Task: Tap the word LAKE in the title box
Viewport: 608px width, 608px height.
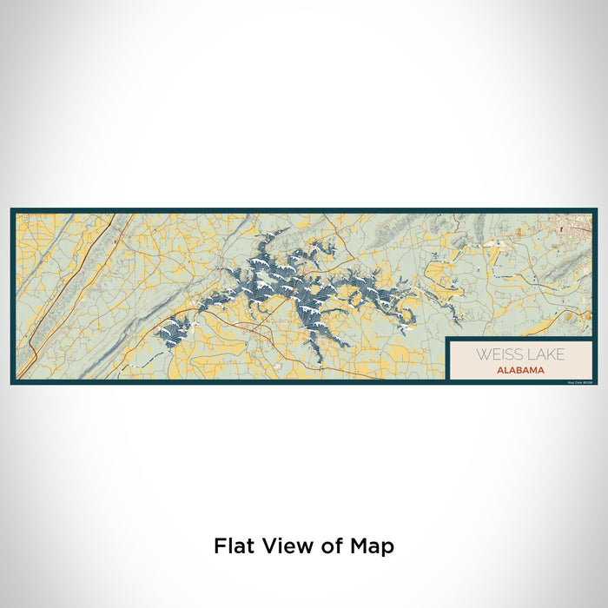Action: pyautogui.click(x=544, y=354)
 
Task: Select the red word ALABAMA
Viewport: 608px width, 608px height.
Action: pyautogui.click(x=521, y=369)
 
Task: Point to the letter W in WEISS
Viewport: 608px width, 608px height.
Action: pyautogui.click(x=479, y=354)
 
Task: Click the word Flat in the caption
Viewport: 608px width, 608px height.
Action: pyautogui.click(x=233, y=546)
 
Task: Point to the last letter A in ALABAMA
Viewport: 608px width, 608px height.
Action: pyautogui.click(x=542, y=369)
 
